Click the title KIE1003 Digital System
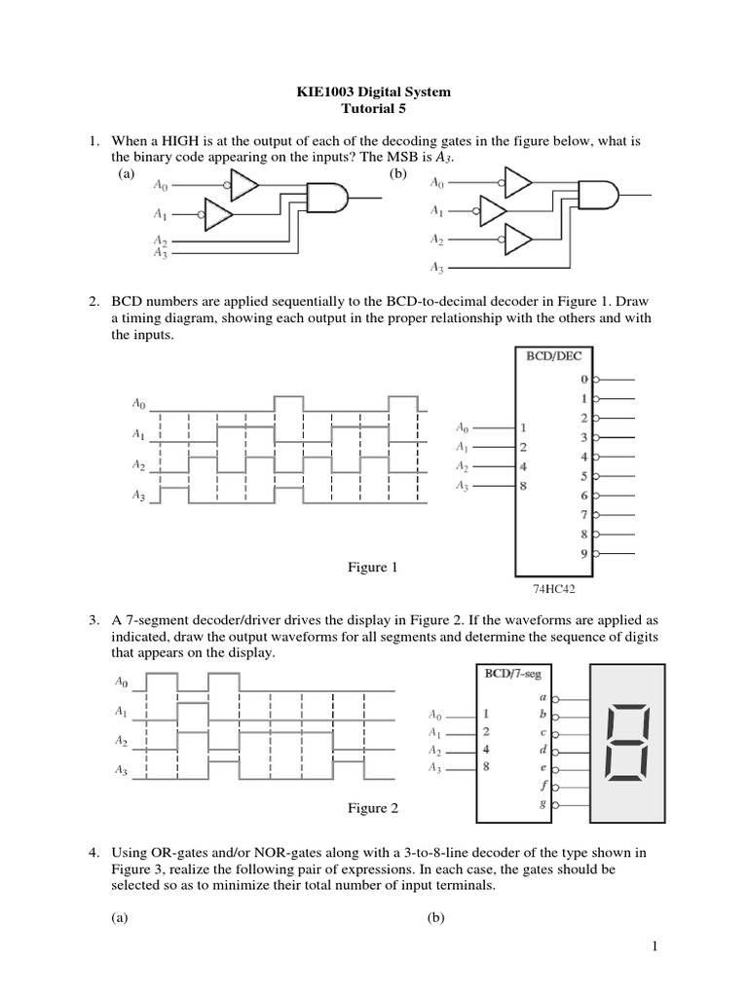374,92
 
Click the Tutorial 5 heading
374,109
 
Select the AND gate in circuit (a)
324,199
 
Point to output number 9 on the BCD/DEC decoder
584,552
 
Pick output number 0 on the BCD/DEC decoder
584,379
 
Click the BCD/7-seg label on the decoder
515,673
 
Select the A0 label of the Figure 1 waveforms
138,401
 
